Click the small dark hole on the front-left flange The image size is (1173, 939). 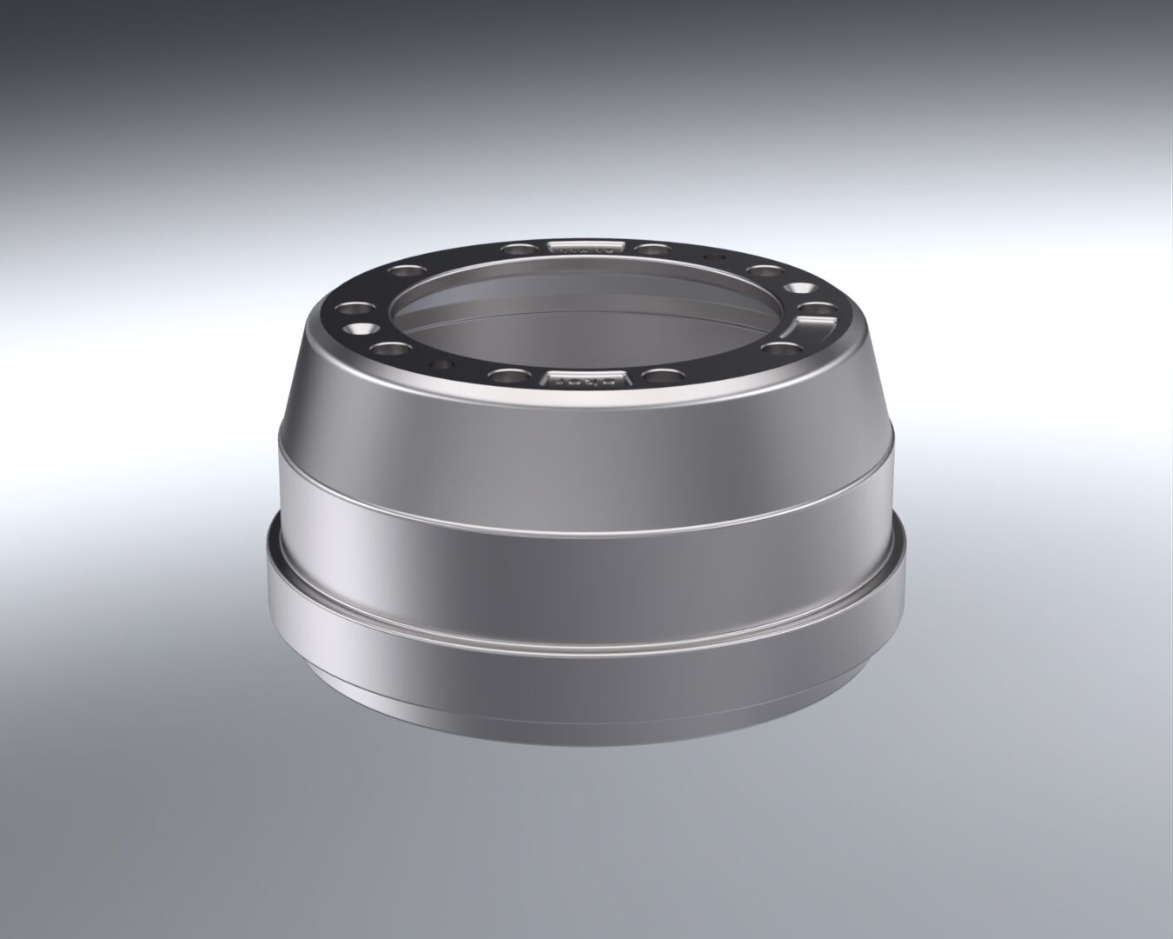(438, 364)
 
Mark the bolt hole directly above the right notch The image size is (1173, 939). (812, 308)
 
